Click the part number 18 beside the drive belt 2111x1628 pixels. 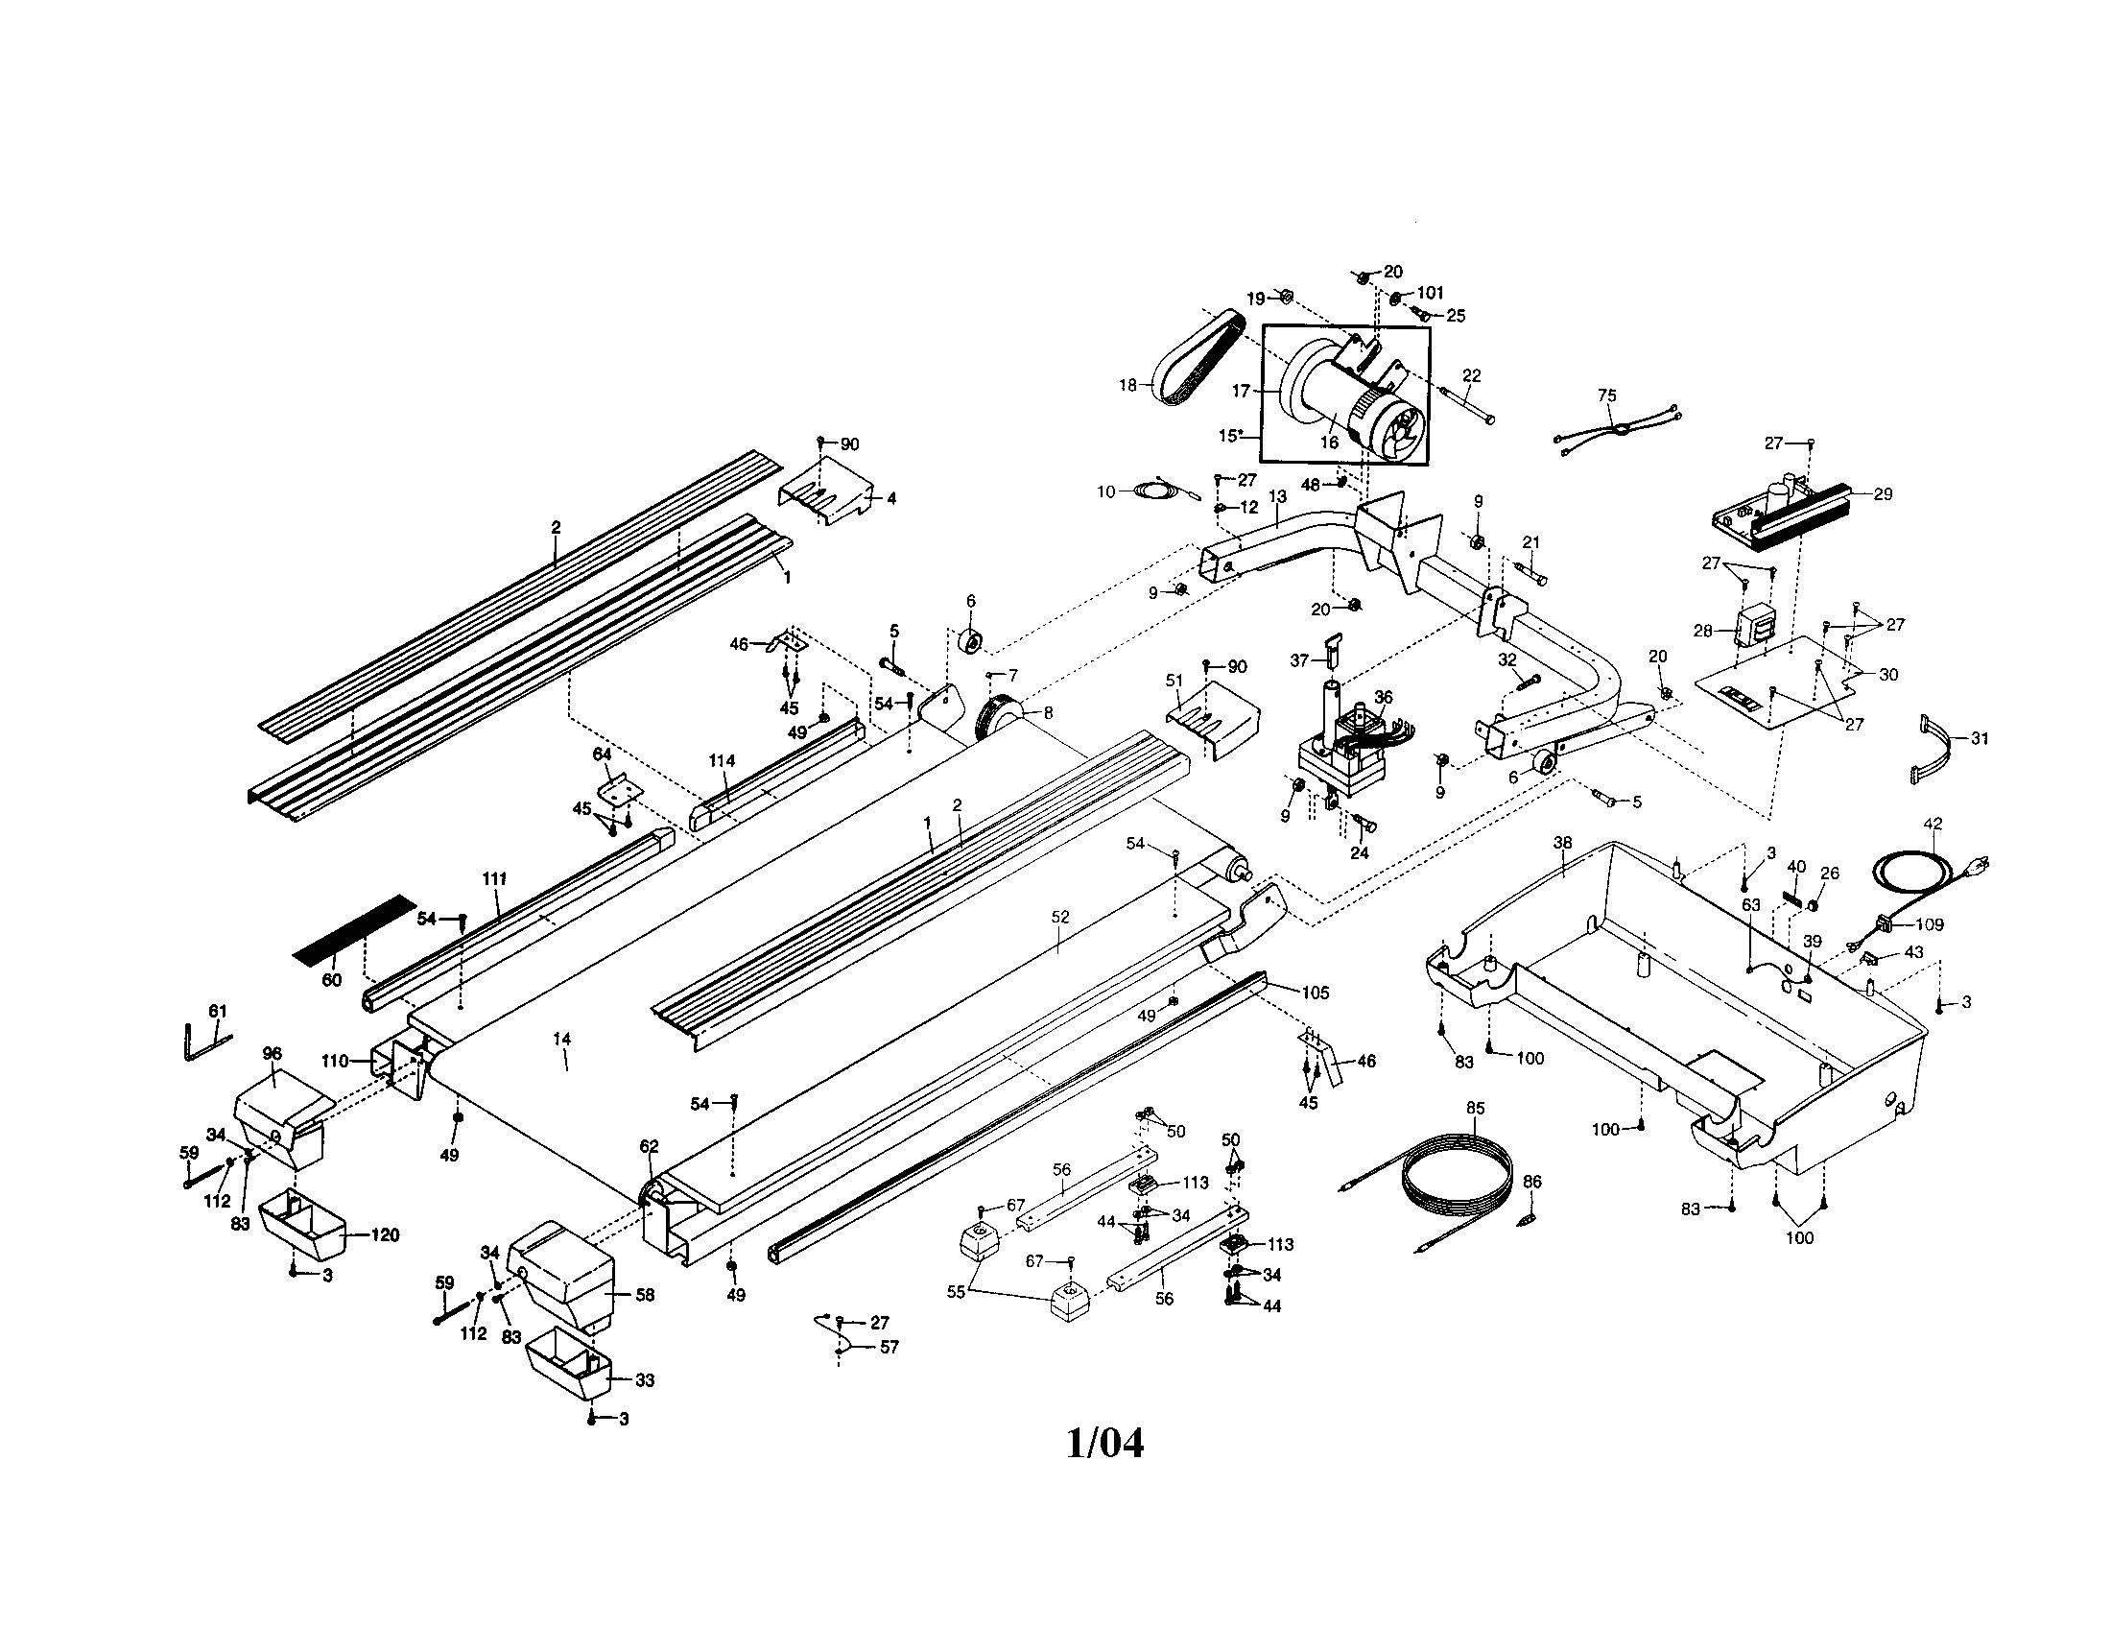click(1127, 385)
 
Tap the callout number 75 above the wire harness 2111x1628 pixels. click(1606, 395)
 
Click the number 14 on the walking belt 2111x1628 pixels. click(561, 1040)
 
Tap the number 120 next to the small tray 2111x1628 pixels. click(384, 1235)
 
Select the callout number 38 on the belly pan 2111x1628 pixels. click(1562, 843)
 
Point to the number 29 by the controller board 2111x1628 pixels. click(1882, 494)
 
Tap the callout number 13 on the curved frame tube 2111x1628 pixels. click(1277, 496)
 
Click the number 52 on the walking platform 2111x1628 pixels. click(1060, 918)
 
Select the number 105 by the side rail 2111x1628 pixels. click(1315, 993)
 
